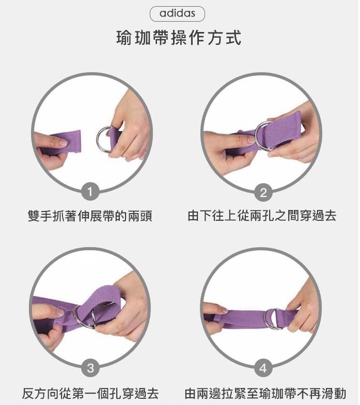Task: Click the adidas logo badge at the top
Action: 177,14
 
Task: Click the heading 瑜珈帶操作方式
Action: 179,38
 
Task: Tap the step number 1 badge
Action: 90,192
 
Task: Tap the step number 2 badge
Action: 263,192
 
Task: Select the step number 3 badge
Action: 90,367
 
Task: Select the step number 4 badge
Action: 263,368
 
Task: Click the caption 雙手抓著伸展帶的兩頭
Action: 90,216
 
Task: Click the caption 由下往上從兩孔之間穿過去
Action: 262,216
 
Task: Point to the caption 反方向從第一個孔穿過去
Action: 90,393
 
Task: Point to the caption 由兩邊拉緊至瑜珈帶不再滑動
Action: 265,393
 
